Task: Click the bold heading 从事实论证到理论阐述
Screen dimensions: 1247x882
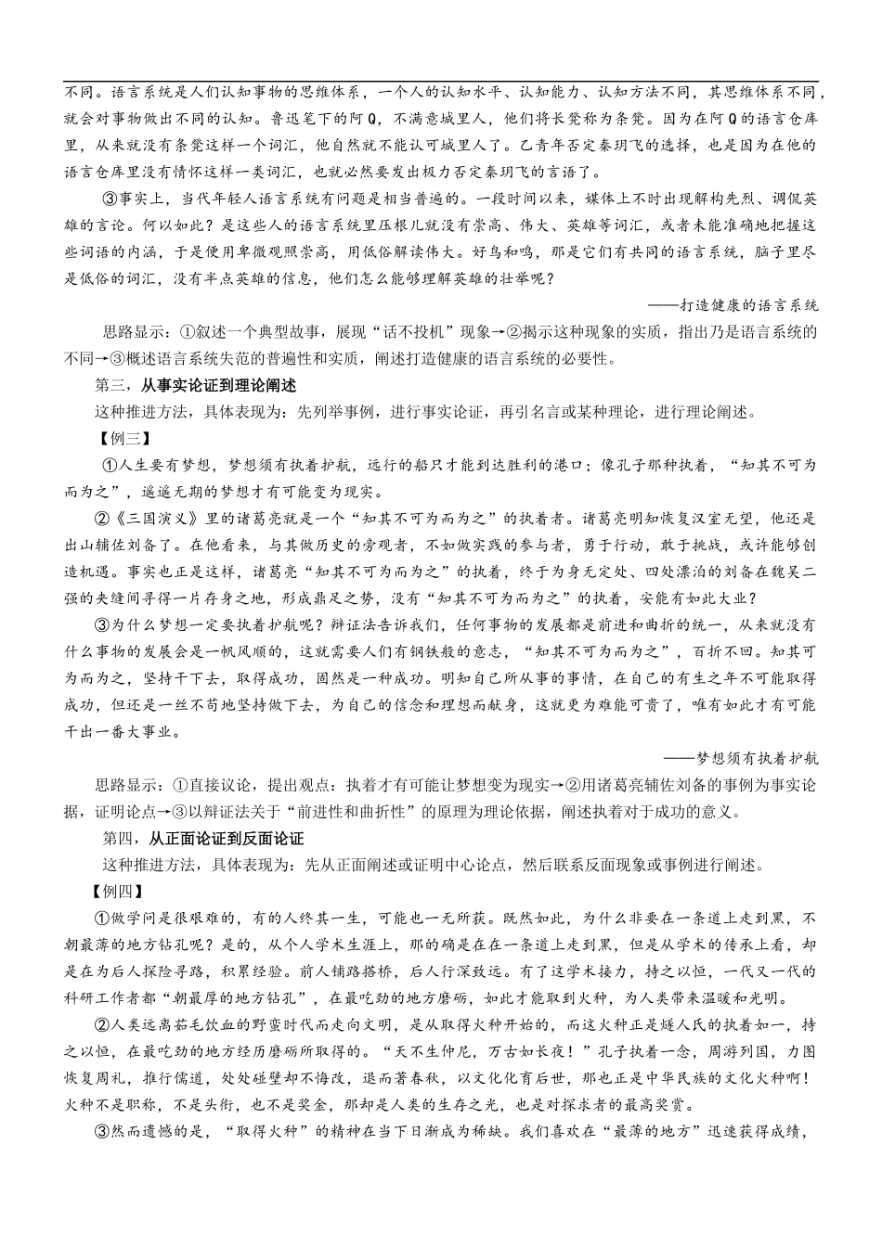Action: coord(217,385)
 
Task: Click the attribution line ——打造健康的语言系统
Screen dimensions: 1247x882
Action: coord(746,304)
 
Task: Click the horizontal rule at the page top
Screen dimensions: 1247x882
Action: coord(441,82)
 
